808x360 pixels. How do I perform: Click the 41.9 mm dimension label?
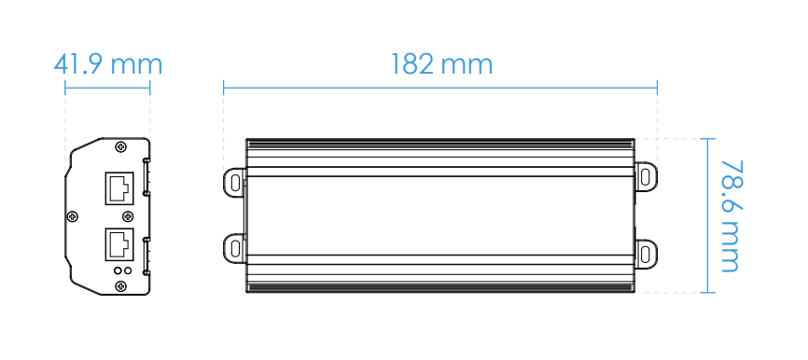click(x=108, y=65)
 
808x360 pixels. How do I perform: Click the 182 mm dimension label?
click(x=441, y=65)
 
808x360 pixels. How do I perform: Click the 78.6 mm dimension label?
click(x=731, y=215)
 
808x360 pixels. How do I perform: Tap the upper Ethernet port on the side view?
click(x=119, y=188)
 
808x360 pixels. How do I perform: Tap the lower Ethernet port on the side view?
click(x=119, y=244)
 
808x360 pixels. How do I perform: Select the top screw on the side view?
click(x=121, y=147)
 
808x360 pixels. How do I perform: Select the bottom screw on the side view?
click(x=121, y=285)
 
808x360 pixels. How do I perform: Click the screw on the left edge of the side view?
click(x=73, y=216)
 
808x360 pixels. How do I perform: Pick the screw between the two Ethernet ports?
click(x=128, y=216)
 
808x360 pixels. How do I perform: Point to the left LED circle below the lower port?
click(x=118, y=270)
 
